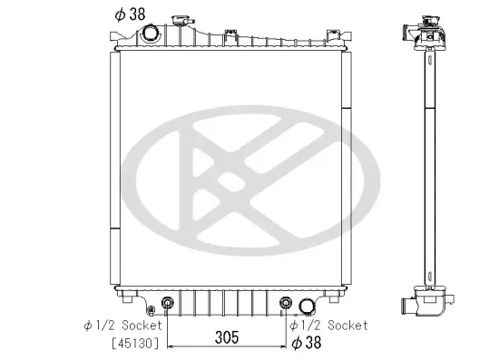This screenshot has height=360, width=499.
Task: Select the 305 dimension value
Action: pyautogui.click(x=227, y=337)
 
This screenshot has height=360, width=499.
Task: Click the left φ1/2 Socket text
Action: pyautogui.click(x=122, y=324)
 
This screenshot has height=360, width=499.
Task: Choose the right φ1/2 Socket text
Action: pyautogui.click(x=328, y=324)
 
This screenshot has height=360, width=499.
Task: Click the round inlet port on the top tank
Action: pyautogui.click(x=149, y=34)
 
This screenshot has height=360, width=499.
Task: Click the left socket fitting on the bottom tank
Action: pyautogui.click(x=168, y=303)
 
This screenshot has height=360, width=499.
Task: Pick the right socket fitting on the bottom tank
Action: pyautogui.click(x=286, y=303)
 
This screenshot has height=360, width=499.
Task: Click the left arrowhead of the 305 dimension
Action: pyautogui.click(x=171, y=348)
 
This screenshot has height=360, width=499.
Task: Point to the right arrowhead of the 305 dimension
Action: pyautogui.click(x=282, y=348)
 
